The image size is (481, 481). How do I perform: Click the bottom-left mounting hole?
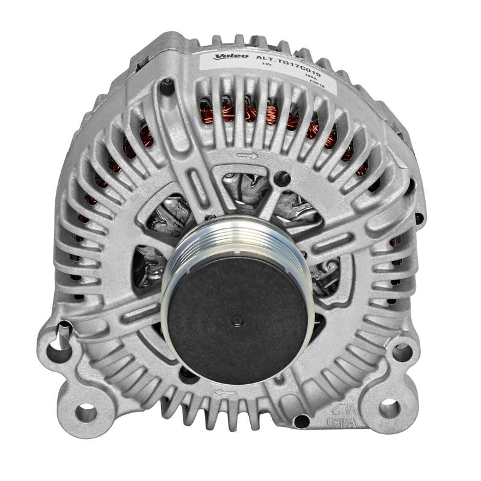[86, 412]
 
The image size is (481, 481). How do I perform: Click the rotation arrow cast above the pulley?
[247, 156]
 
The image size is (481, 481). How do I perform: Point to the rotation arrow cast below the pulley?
[225, 392]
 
